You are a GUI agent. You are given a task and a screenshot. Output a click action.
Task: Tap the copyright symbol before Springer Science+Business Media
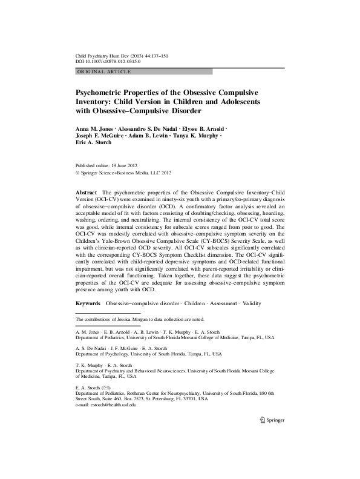tap(76, 172)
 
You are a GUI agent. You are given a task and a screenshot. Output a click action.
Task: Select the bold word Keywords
tap(88, 302)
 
